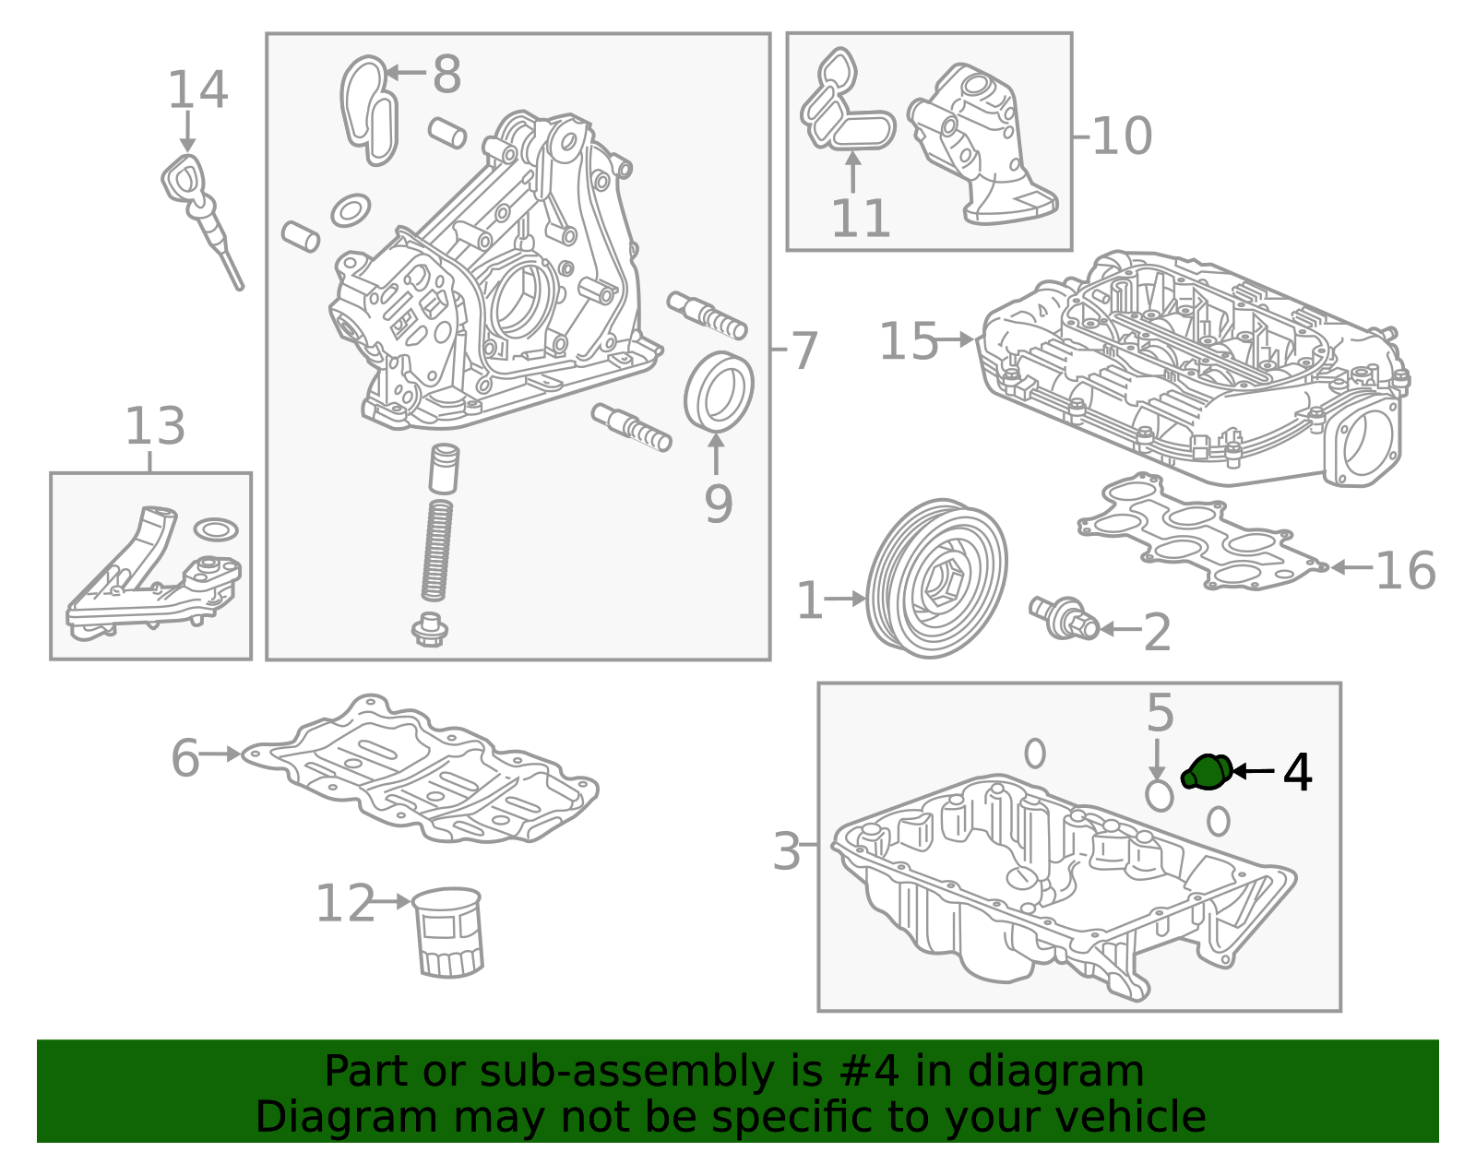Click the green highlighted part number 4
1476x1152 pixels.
1207,772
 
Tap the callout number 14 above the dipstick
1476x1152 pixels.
197,90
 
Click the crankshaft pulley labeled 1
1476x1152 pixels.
937,579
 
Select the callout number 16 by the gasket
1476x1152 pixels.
1405,571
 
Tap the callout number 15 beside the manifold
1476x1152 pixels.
908,341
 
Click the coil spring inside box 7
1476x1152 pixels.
437,551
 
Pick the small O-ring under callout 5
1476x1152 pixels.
1159,795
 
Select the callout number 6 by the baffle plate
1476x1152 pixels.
184,758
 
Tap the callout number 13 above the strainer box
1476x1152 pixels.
155,427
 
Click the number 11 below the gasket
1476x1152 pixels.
860,220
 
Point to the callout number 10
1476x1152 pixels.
1122,137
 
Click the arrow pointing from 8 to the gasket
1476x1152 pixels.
406,73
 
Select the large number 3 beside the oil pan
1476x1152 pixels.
786,850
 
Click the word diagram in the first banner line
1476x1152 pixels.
1075,1072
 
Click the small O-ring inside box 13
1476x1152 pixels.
216,529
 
